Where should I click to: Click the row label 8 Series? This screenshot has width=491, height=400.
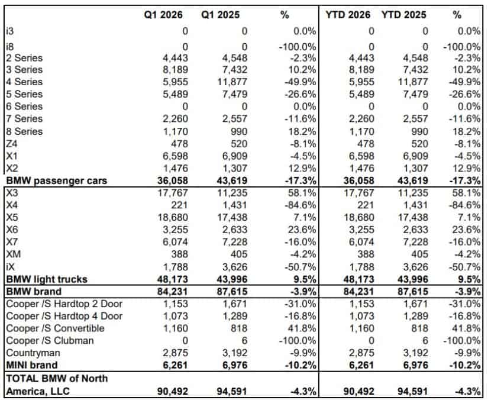24,131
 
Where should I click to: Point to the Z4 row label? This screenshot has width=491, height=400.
11,144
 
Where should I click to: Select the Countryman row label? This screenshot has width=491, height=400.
31,353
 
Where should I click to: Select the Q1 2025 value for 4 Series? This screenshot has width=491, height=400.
228,82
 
